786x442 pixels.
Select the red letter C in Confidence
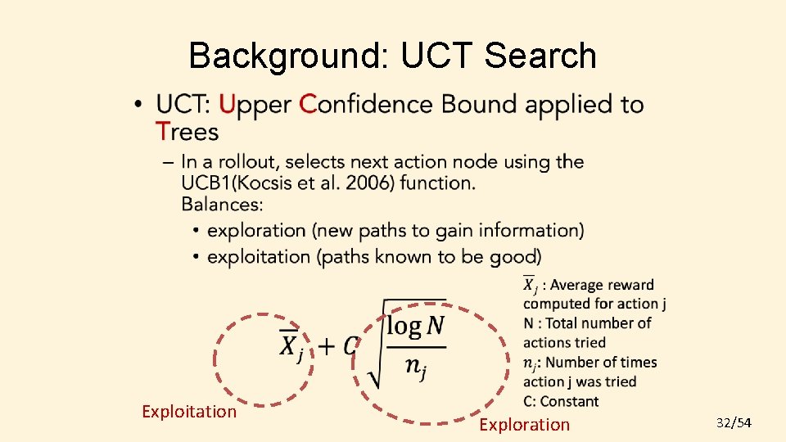tap(308, 105)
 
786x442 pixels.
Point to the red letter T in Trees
tap(163, 131)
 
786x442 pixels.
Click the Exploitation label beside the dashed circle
tap(189, 411)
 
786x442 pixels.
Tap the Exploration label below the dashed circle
tap(524, 424)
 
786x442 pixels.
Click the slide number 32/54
tap(734, 422)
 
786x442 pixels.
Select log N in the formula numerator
tap(416, 327)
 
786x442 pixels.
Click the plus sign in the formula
tap(326, 347)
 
